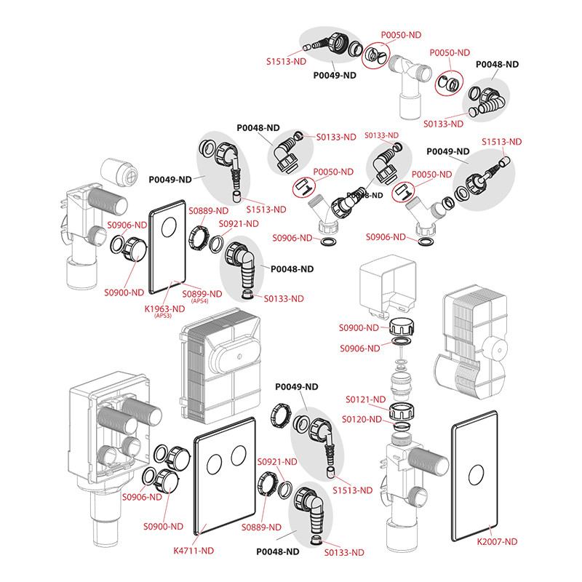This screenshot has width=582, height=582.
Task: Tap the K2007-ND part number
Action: (497, 541)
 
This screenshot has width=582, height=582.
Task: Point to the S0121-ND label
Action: (367, 399)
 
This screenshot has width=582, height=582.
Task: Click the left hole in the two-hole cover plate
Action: (213, 460)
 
